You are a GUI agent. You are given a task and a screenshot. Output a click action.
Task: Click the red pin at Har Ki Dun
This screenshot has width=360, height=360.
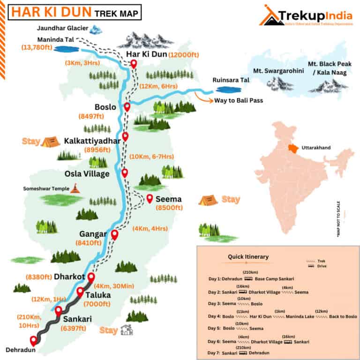(134, 64)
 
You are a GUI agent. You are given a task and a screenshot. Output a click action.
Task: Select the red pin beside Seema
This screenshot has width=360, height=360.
(150, 198)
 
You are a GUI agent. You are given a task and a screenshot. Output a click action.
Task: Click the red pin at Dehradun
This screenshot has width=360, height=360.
(33, 341)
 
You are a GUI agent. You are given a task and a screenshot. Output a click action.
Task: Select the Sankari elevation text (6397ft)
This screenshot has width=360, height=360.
(74, 328)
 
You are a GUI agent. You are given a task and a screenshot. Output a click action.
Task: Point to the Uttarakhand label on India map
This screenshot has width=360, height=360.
(316, 148)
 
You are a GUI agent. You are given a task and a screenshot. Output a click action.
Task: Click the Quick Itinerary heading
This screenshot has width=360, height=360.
(248, 256)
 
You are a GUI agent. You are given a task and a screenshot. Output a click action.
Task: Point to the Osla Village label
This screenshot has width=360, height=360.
(87, 174)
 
